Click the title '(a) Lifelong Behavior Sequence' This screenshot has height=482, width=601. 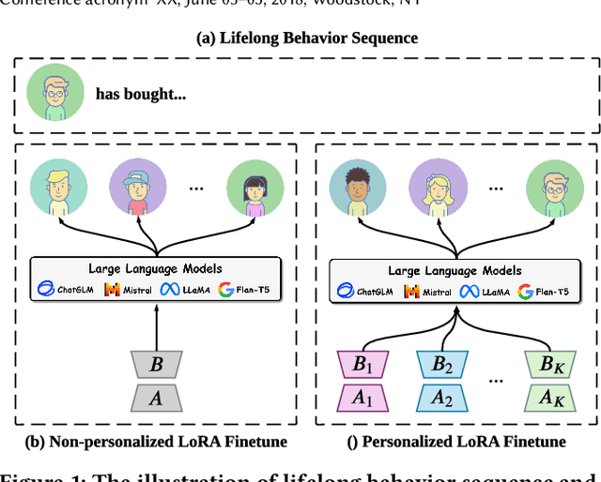click(307, 38)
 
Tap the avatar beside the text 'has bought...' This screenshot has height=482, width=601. click(48, 93)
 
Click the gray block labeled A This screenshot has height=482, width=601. click(156, 399)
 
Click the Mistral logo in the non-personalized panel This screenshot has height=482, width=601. click(112, 291)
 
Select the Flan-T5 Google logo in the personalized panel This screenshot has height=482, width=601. click(525, 292)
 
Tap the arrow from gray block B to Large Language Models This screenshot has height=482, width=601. click(156, 327)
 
